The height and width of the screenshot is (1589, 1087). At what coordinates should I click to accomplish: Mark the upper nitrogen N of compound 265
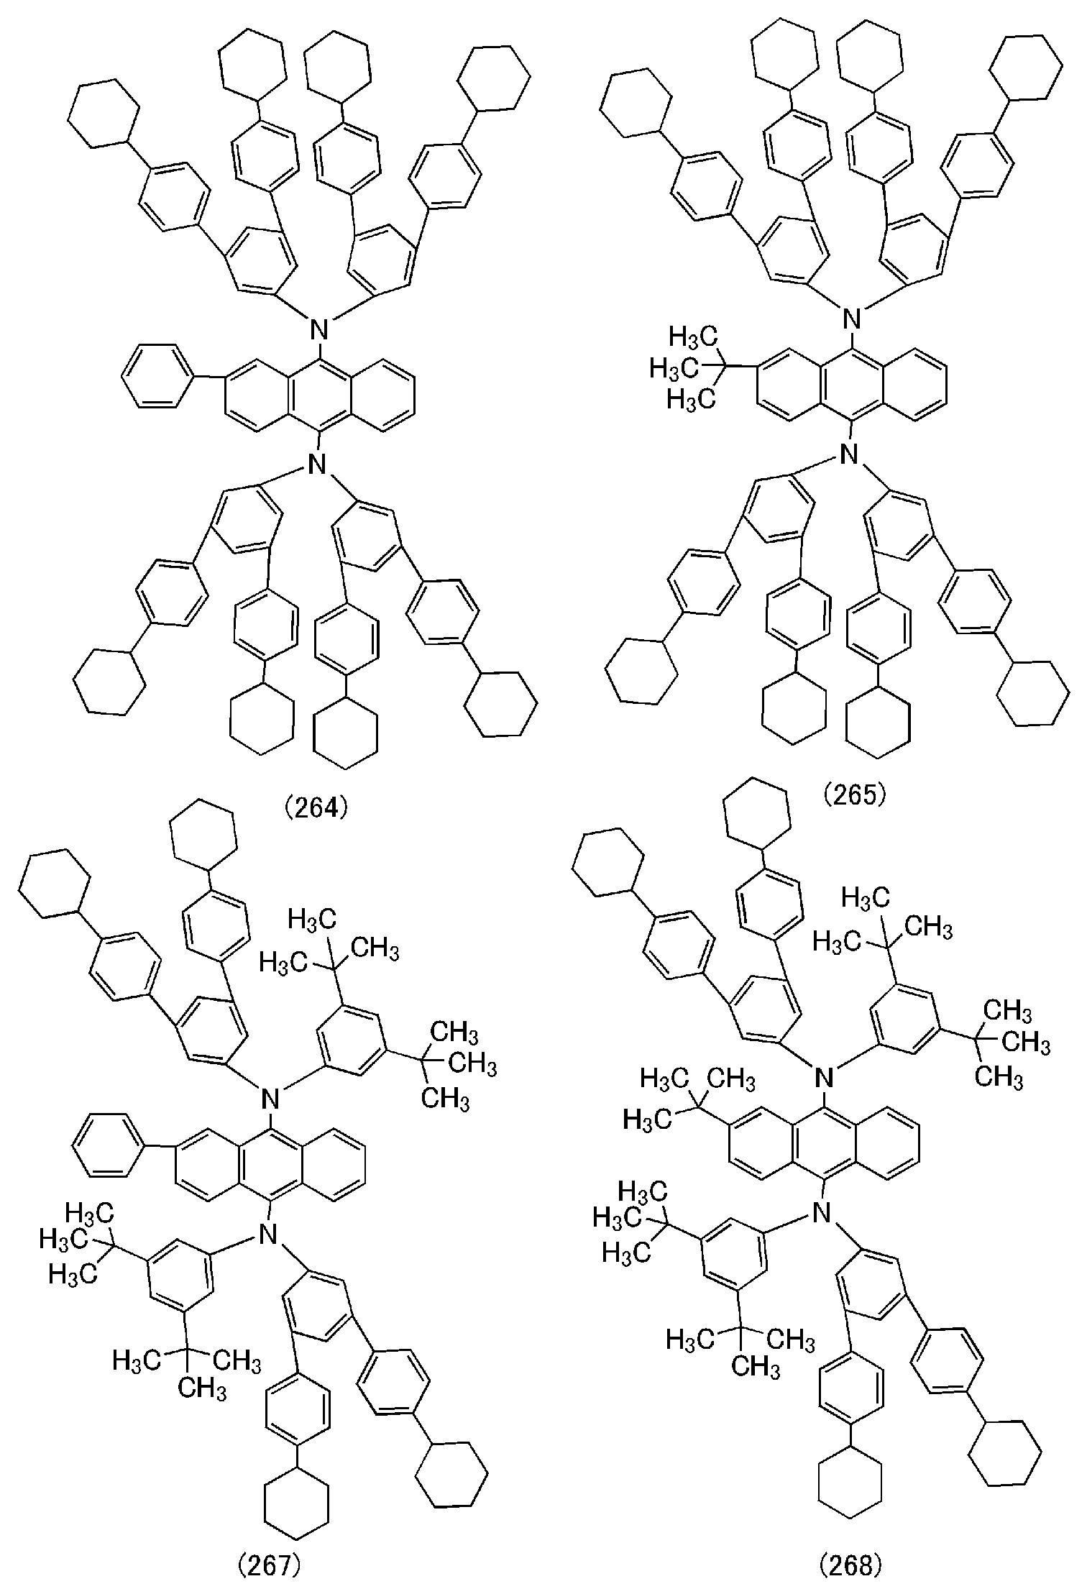tap(852, 317)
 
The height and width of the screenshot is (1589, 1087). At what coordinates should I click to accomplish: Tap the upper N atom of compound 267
tap(270, 1097)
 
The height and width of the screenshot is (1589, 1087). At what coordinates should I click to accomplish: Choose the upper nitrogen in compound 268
tap(826, 1076)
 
